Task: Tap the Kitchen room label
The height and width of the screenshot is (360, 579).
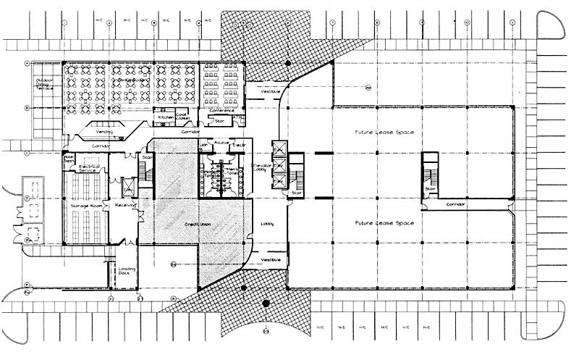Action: click(x=166, y=117)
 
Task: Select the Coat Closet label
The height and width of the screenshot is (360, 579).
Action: click(x=182, y=116)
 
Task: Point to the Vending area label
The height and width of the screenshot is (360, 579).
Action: click(x=106, y=131)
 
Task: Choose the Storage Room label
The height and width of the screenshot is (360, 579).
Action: click(x=84, y=206)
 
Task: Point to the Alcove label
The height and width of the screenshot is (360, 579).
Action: click(x=221, y=143)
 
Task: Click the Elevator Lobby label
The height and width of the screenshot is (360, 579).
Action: click(x=262, y=169)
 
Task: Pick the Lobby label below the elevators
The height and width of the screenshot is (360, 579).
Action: click(x=267, y=224)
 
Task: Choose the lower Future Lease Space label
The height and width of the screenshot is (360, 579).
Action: click(x=384, y=224)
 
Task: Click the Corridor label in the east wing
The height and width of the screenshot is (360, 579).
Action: click(x=456, y=205)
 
